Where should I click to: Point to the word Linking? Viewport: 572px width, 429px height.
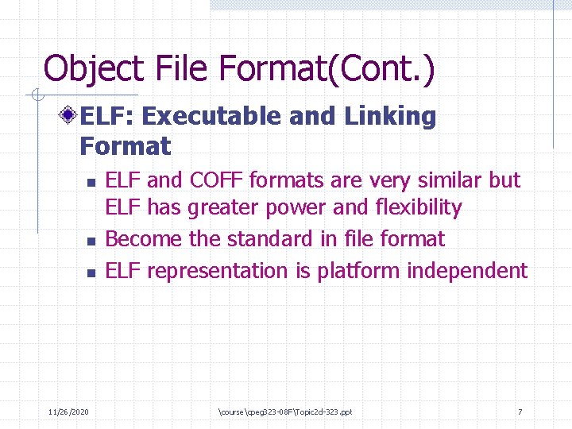[390, 117]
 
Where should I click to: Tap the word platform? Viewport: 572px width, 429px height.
[359, 271]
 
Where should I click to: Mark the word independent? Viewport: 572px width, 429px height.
[467, 271]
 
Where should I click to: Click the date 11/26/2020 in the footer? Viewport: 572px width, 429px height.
[68, 412]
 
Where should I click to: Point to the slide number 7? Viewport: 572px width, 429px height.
[520, 412]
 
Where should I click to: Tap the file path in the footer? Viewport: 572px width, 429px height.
[284, 412]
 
